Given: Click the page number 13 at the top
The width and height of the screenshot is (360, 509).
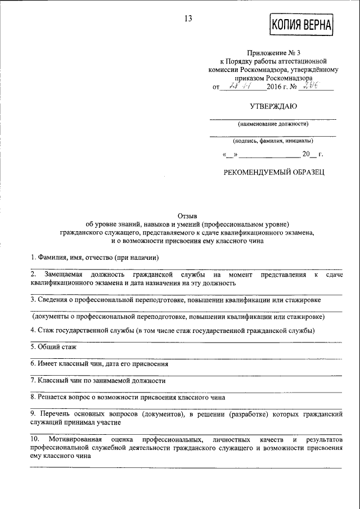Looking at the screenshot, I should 188,19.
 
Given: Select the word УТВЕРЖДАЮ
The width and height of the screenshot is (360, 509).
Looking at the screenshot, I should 273,106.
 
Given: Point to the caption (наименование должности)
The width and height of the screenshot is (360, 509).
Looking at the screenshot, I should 273,124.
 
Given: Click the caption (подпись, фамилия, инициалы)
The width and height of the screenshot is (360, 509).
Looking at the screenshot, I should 273,141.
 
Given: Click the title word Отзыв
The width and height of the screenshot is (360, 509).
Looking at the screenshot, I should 187,215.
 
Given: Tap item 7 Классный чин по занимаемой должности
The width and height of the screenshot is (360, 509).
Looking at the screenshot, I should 98,380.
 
